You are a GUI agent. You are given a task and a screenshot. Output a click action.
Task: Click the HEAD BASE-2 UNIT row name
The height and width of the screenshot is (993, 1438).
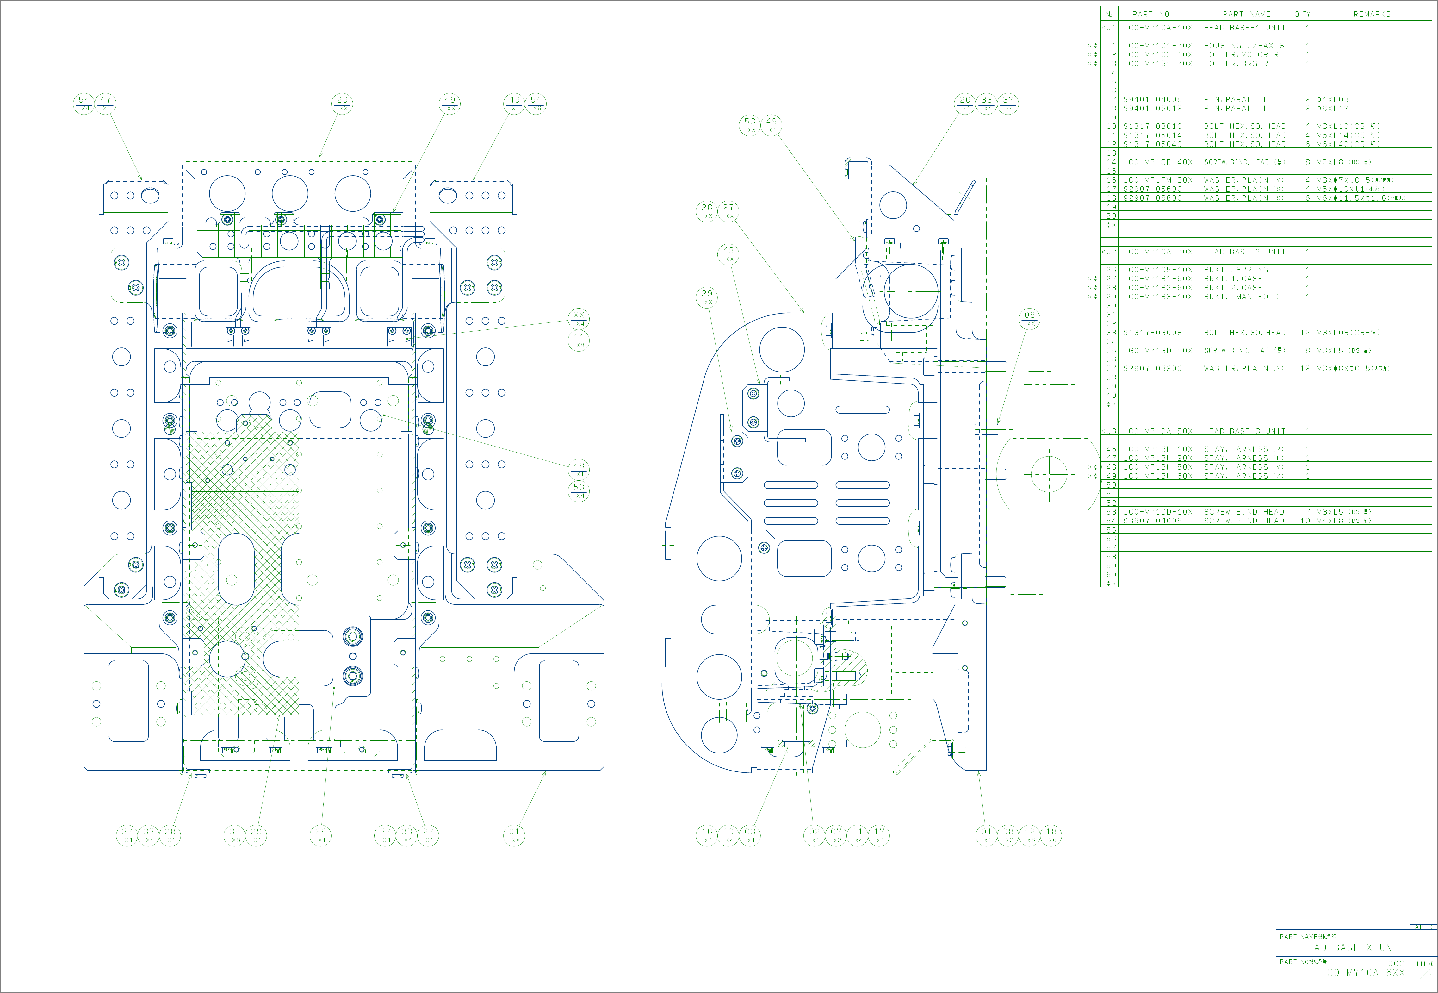pyautogui.click(x=1244, y=252)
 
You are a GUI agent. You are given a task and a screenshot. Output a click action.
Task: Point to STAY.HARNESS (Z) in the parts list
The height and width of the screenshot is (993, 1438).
pyautogui.click(x=1244, y=476)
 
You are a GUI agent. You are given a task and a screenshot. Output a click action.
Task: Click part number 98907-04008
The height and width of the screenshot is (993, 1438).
pyautogui.click(x=1152, y=521)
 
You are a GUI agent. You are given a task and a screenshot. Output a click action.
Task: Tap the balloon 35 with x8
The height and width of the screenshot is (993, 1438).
pyautogui.click(x=234, y=835)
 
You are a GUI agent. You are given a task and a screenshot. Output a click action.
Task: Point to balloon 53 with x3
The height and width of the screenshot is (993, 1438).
pyautogui.click(x=750, y=125)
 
